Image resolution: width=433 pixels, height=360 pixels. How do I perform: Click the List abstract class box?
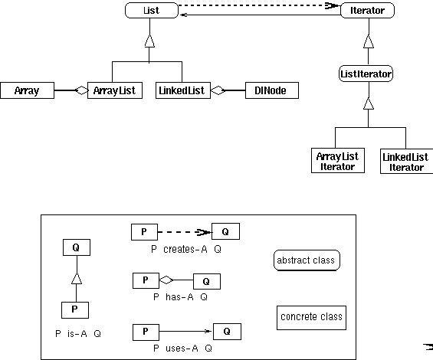point(152,11)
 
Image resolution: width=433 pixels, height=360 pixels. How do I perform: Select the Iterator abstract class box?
point(367,11)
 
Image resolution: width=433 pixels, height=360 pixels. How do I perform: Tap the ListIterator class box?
point(366,74)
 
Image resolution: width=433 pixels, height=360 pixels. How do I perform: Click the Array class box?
point(27,90)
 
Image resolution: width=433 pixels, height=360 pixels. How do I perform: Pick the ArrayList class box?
point(115,90)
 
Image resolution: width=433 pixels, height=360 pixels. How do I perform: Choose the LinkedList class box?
point(183,90)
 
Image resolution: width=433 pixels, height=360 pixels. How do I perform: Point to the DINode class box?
point(272,90)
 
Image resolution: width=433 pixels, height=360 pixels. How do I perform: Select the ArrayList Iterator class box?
point(338,161)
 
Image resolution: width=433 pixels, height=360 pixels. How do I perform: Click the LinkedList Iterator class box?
point(406,162)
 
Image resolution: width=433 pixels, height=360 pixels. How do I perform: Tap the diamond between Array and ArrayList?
point(82,90)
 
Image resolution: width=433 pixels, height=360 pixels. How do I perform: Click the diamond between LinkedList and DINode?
point(218,90)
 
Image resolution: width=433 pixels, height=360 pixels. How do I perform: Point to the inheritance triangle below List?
point(149,41)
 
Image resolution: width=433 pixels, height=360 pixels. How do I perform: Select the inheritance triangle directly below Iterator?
point(369,41)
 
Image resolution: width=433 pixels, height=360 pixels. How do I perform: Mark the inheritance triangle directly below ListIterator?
point(369,103)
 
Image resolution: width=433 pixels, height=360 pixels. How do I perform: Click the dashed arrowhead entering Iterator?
point(332,6)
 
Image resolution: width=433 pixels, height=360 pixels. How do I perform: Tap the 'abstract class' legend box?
point(307,260)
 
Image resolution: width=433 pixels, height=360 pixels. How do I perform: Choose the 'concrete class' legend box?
point(311,317)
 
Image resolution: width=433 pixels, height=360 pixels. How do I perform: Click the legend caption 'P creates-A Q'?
point(186,249)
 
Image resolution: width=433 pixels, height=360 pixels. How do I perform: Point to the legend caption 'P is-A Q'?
point(78,334)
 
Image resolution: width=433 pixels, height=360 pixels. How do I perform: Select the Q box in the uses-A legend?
point(227,332)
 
